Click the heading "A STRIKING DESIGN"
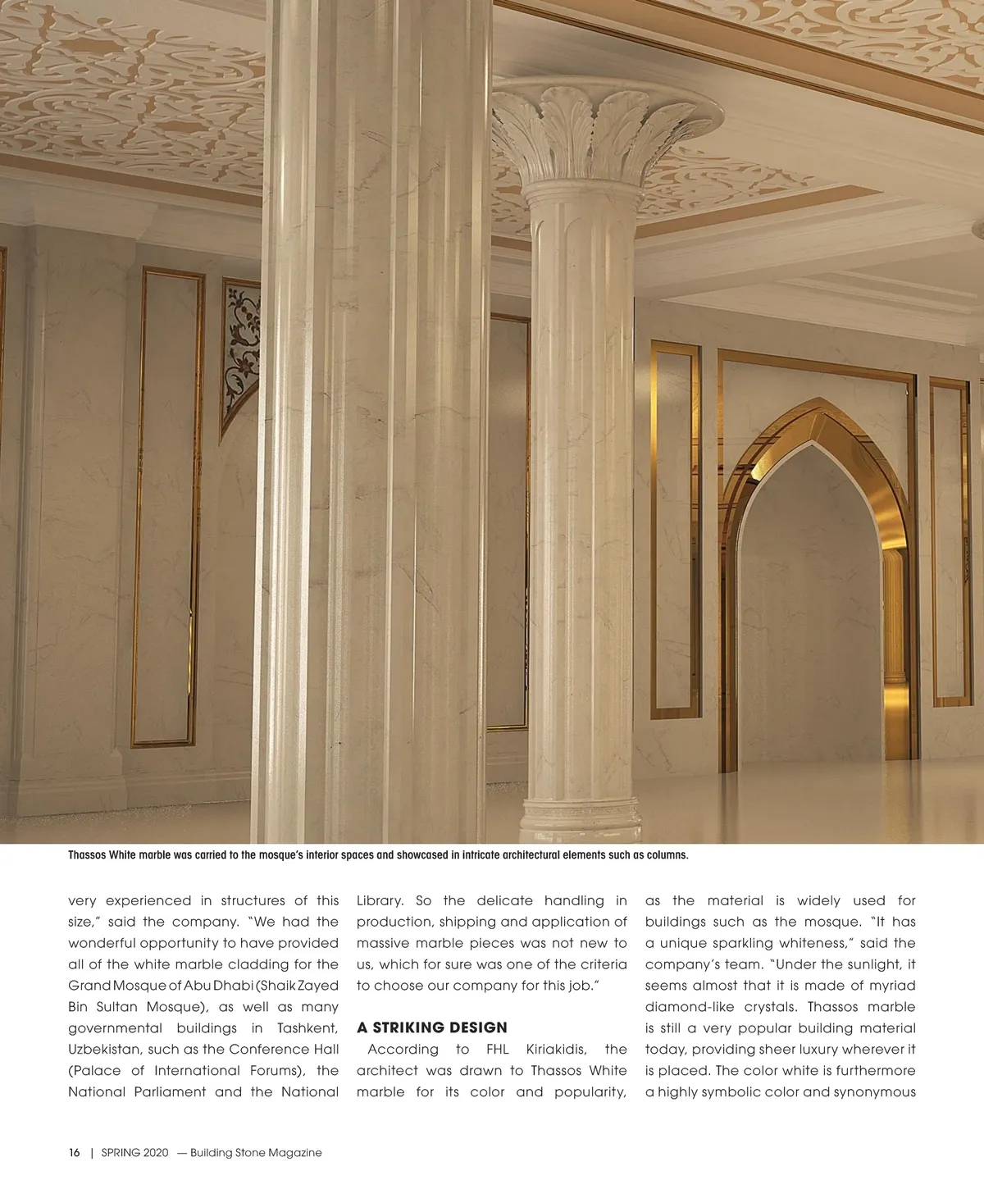tap(432, 1027)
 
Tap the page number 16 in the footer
tap(74, 1152)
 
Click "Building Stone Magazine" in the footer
tap(256, 1152)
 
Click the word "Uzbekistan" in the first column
tap(104, 1050)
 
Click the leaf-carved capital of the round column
tap(607, 131)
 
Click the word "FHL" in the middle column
tap(498, 1050)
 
